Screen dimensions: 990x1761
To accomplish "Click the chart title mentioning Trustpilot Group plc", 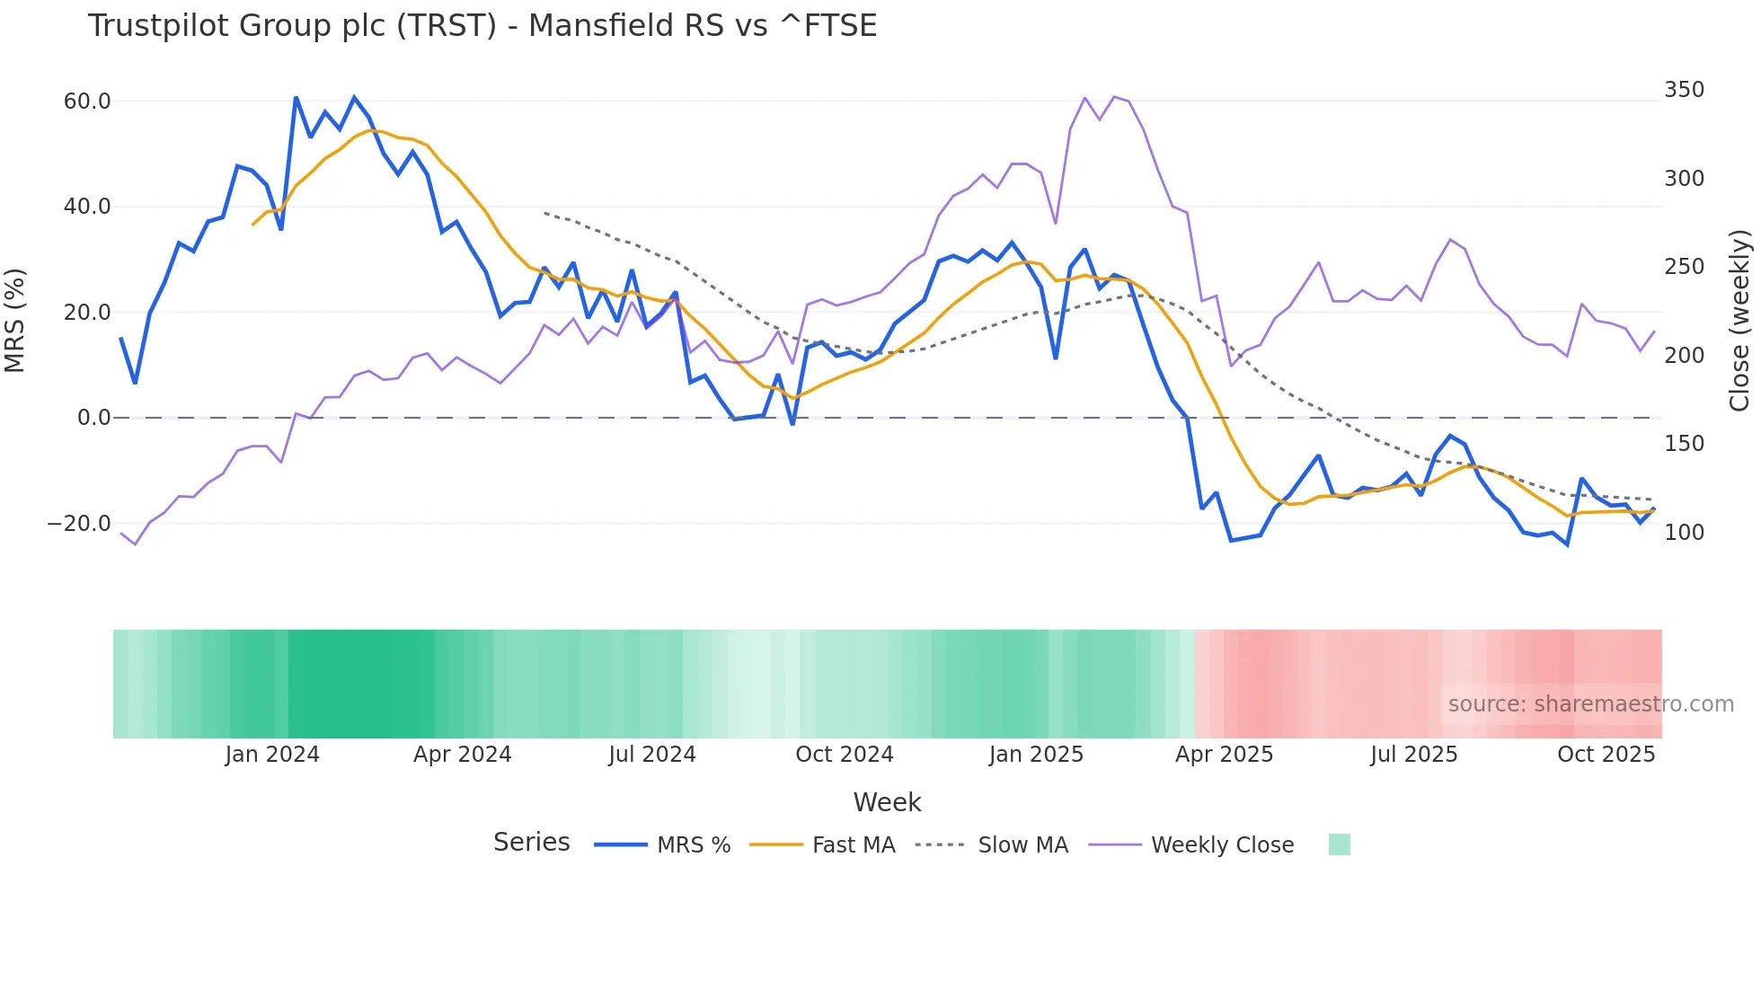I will click(x=482, y=26).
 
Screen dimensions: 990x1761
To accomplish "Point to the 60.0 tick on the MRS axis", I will click(x=87, y=102).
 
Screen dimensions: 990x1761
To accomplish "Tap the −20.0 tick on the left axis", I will click(x=79, y=524).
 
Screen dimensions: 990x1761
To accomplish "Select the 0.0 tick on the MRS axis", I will click(x=93, y=418).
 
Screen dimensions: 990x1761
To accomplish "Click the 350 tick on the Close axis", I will click(x=1684, y=90).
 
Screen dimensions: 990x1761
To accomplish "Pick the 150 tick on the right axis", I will click(x=1684, y=444).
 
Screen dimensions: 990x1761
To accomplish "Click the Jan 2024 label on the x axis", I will click(x=272, y=755).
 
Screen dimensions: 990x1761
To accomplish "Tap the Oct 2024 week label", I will click(x=845, y=755).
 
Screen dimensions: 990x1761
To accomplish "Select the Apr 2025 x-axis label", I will click(x=1224, y=755).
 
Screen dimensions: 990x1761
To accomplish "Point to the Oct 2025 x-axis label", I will click(x=1606, y=755).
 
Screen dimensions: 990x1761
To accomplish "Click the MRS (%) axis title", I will click(x=15, y=320).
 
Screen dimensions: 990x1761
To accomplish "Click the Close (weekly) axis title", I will click(x=1740, y=321).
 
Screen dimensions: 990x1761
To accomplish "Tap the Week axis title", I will click(x=887, y=802).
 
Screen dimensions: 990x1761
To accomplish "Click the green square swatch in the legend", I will click(x=1339, y=844).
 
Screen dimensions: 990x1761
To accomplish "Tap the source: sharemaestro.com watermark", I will click(x=1590, y=704).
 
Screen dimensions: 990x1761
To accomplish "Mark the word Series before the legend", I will click(x=531, y=843).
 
